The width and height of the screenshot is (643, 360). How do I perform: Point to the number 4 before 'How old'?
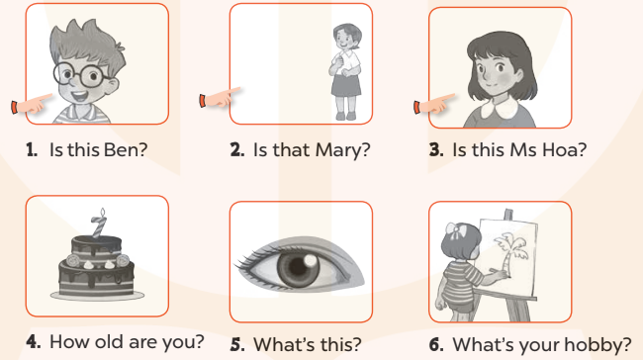[x=34, y=341]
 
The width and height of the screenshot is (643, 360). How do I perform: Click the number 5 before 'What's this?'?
[x=237, y=344]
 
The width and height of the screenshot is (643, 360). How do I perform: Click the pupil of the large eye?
[x=299, y=268]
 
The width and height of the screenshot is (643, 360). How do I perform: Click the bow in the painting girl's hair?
[x=455, y=231]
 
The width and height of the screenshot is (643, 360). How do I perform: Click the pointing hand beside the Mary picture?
[x=220, y=98]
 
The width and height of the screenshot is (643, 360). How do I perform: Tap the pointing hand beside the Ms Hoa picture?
[x=434, y=104]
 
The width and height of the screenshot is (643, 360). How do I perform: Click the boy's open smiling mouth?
[x=79, y=96]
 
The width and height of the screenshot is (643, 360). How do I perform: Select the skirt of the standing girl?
[x=345, y=85]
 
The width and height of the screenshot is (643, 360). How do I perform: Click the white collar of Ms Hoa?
[x=499, y=108]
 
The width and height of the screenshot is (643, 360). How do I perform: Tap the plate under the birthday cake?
[x=97, y=295]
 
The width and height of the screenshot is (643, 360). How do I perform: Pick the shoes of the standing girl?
[x=345, y=116]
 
